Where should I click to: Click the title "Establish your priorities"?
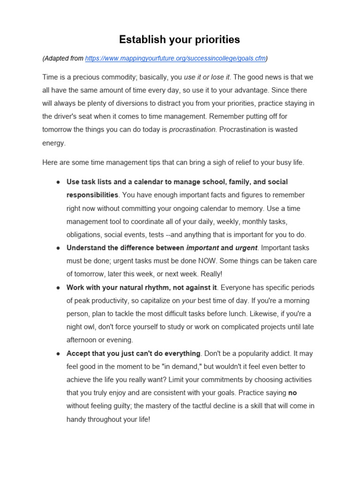[x=180, y=40]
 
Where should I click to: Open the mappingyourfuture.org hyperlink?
[x=175, y=59]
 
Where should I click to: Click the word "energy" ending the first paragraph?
[x=54, y=143]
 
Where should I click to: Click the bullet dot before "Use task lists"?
[x=57, y=182]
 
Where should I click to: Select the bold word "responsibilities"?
[x=92, y=195]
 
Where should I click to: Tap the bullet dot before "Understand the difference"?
[x=57, y=248]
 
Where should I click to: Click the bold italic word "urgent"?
[x=246, y=247]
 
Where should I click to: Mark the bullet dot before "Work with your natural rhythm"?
[x=57, y=287]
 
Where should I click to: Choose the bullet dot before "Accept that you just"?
[x=57, y=353]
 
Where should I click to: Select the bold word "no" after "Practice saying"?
[x=292, y=393]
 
